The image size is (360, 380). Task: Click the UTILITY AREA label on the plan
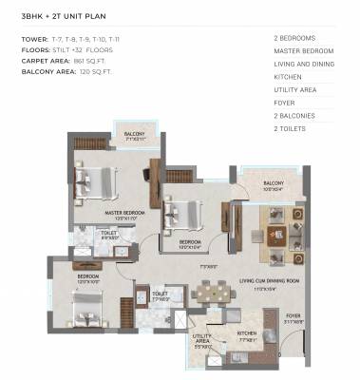[202, 339]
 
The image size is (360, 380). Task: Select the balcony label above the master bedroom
[135, 135]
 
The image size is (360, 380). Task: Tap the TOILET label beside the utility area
[160, 295]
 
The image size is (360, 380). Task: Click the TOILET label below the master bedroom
[110, 234]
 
